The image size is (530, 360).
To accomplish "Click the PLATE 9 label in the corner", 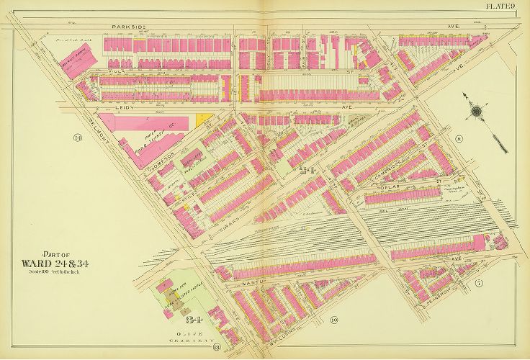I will (508, 7).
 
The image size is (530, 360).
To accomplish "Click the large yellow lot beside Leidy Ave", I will (205, 120).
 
